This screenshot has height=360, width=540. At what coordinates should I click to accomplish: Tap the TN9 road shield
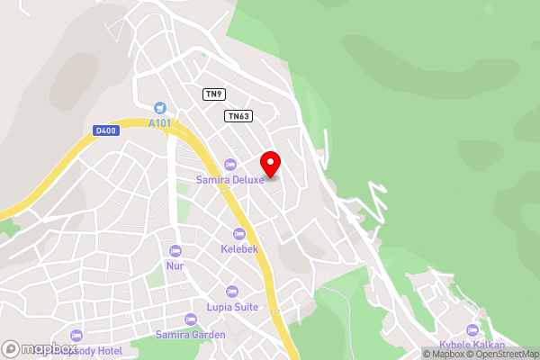[x=213, y=94]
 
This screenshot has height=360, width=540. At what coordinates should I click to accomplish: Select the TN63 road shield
[x=238, y=115]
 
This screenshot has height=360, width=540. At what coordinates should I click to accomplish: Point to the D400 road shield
[x=105, y=130]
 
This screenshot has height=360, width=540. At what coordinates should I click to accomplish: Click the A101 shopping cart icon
[x=160, y=106]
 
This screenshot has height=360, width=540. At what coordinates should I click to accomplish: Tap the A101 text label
[x=160, y=123]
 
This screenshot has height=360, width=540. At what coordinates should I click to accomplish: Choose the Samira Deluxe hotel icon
[x=229, y=164]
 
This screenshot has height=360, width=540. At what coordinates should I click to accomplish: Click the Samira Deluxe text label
[x=230, y=179]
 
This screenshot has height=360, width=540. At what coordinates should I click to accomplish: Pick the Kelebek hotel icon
[x=239, y=233]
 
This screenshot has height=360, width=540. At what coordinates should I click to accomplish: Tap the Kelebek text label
[x=239, y=248]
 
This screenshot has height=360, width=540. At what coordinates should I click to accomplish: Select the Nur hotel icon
[x=175, y=250]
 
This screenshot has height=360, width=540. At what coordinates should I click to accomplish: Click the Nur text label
[x=175, y=265]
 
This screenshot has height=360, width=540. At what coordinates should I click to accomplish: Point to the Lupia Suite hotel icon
[x=232, y=292]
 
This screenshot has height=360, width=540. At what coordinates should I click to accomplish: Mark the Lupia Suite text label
[x=232, y=307]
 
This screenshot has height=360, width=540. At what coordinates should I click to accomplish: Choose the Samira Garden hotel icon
[x=190, y=319]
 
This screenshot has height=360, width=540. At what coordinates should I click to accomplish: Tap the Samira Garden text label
[x=190, y=334]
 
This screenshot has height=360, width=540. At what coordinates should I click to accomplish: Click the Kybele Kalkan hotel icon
[x=473, y=330]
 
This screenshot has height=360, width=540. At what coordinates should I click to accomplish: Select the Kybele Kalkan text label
[x=473, y=346]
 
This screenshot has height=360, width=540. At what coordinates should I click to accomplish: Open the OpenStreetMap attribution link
[x=501, y=354]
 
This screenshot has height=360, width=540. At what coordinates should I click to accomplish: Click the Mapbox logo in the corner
[x=38, y=348]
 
